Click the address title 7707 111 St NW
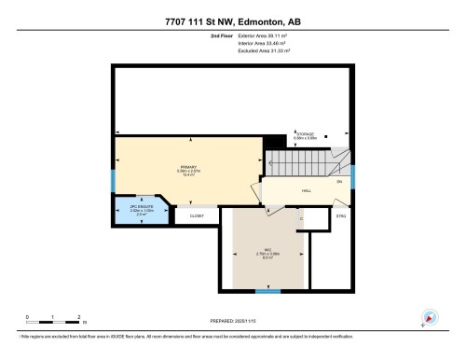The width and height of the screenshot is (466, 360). [232, 21]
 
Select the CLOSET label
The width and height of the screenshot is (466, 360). [197, 215]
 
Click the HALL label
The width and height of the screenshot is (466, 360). [306, 190]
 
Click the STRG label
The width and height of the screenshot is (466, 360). [341, 216]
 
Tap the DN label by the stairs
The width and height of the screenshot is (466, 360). [339, 181]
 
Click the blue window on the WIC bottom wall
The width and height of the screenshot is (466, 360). [268, 291]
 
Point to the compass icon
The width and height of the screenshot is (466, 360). [429, 318]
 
